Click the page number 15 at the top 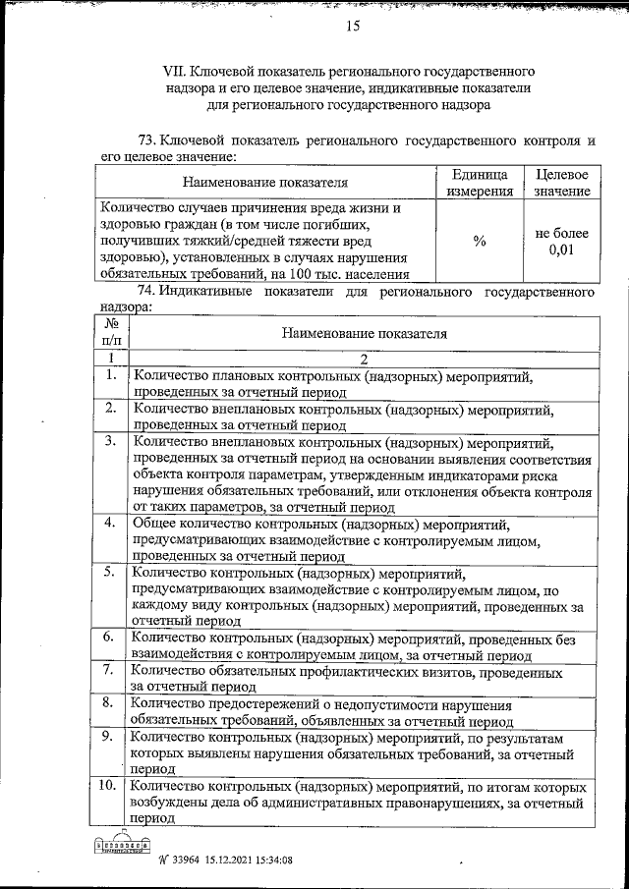point(353,27)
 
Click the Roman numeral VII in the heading point(174,72)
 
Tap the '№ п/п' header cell point(112,332)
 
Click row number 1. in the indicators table point(112,374)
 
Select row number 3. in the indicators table point(112,441)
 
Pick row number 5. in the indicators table point(112,571)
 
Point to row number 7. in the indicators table point(112,670)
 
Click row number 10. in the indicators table point(110,787)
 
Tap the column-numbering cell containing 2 point(364,359)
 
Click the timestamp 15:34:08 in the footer point(270,861)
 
